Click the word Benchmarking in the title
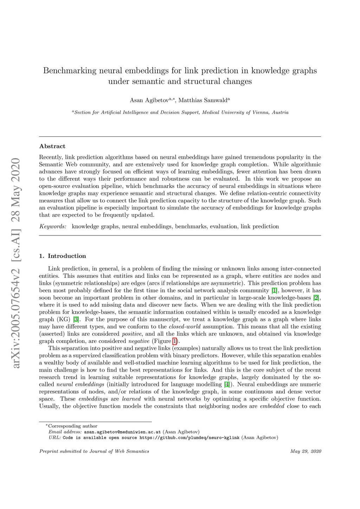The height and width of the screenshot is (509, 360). (x=70, y=71)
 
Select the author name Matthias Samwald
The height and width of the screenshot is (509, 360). (x=203, y=101)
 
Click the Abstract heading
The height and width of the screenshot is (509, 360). (x=52, y=146)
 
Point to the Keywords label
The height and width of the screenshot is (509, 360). (x=53, y=226)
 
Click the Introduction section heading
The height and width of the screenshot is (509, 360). (x=67, y=256)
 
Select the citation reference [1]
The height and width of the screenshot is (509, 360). (x=275, y=291)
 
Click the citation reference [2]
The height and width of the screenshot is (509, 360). (x=316, y=298)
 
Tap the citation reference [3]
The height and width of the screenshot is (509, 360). (x=75, y=320)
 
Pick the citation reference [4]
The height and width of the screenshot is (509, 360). (x=227, y=384)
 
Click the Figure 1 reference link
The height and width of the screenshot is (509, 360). (x=174, y=341)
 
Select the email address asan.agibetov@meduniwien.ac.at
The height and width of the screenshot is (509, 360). (x=122, y=432)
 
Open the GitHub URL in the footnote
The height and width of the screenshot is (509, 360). (x=189, y=438)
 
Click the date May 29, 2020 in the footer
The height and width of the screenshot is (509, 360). (x=306, y=451)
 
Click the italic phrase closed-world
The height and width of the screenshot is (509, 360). (x=185, y=327)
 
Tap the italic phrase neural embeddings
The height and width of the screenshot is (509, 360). (x=78, y=384)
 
